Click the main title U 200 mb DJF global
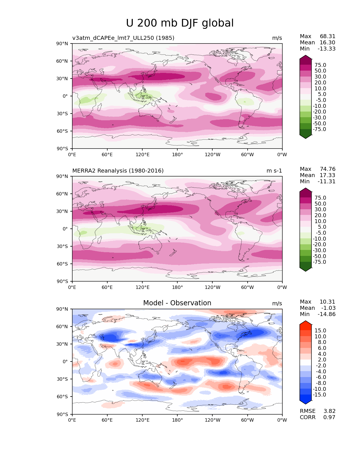click(180, 23)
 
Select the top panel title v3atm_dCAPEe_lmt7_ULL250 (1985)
click(123, 38)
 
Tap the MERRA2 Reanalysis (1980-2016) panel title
click(118, 171)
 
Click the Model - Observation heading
click(177, 303)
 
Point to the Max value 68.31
click(328, 36)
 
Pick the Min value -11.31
click(327, 182)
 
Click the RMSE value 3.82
click(329, 411)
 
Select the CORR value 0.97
click(329, 417)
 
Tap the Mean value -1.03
click(328, 308)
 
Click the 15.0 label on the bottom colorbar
click(320, 330)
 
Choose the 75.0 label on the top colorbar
click(320, 65)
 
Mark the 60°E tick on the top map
click(107, 154)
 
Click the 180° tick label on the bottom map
click(177, 420)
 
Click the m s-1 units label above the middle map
click(274, 171)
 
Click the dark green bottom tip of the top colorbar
click(306, 136)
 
